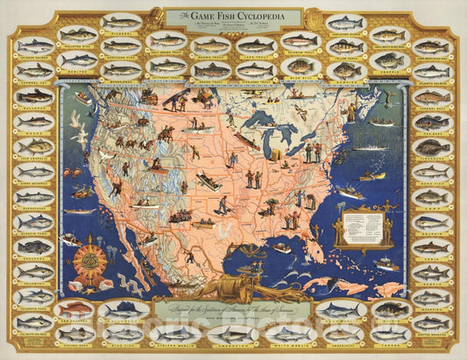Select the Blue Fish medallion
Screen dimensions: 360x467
pos(122,334)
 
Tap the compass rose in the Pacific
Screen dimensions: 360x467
pos(88,259)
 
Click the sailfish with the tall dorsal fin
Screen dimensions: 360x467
pos(122,309)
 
